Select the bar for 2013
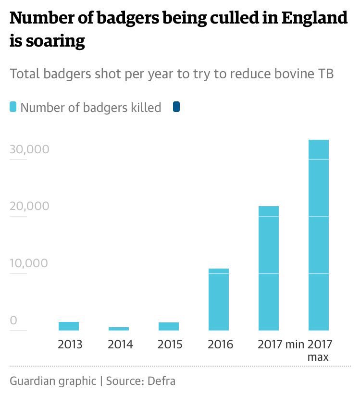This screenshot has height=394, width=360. coord(69,326)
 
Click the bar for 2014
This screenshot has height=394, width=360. coord(119,329)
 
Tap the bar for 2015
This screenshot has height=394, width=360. coord(169,326)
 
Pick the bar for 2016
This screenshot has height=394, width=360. coord(219,299)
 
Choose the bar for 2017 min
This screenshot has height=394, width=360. coord(269,268)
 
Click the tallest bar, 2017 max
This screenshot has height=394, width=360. coord(319,235)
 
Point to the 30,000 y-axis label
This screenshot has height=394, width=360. coord(29,149)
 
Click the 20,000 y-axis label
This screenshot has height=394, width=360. coord(29,206)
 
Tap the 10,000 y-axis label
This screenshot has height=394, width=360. coord(29,263)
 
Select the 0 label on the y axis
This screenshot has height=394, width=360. coord(13,320)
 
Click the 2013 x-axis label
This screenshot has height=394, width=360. coord(70,345)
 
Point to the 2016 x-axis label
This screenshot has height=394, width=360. coord(220,345)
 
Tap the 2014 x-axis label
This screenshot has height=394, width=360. coord(120,345)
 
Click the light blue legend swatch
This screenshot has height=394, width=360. coord(13,107)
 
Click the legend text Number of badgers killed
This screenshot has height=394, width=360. coord(91,108)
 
